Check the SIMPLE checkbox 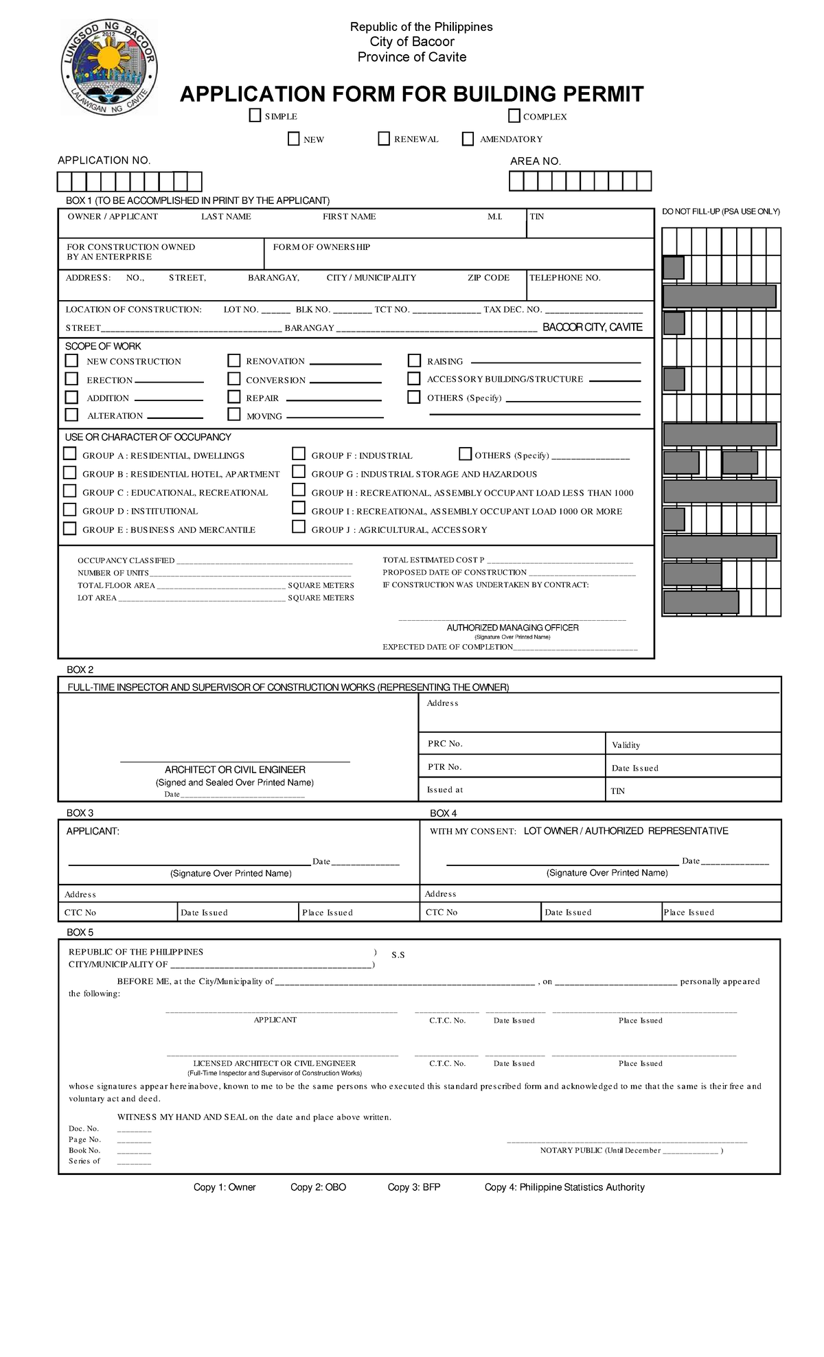[255, 115]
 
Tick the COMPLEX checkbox [514, 115]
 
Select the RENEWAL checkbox [384, 139]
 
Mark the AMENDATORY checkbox [468, 139]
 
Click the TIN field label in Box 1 [537, 216]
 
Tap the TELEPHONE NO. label [565, 277]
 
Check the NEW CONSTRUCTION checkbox [71, 361]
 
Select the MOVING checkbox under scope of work [234, 414]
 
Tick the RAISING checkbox [414, 361]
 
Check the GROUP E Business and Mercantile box [69, 528]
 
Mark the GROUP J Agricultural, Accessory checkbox [298, 527]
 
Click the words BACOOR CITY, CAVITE [592, 327]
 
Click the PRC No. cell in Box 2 [445, 743]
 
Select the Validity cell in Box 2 [626, 744]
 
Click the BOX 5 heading [80, 932]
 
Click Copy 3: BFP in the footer [413, 1187]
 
